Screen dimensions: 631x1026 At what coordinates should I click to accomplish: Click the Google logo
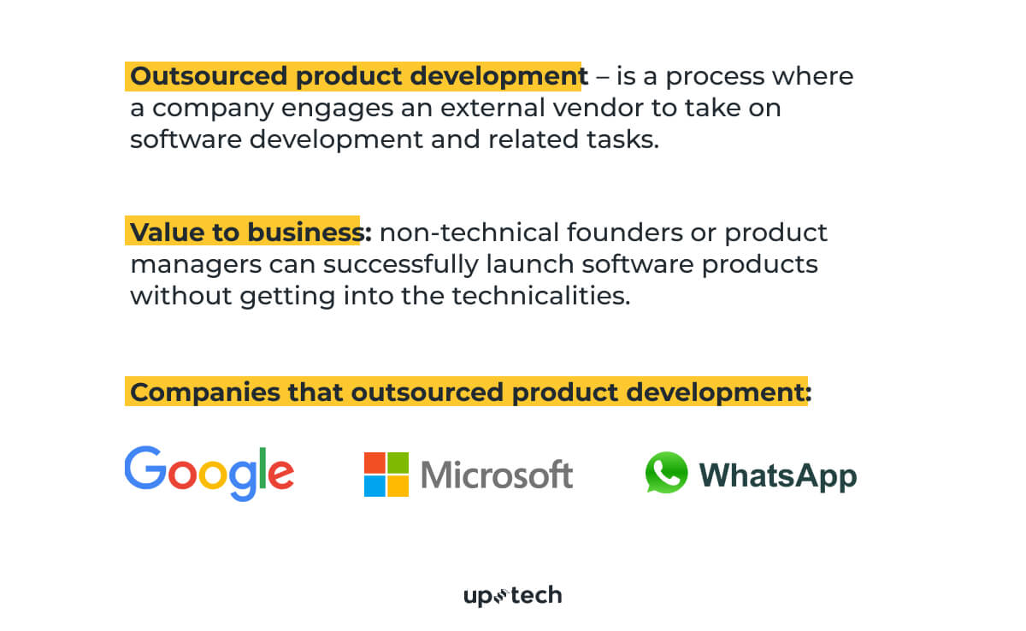[x=209, y=472]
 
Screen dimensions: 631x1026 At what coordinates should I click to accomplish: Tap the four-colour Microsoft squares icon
[x=386, y=475]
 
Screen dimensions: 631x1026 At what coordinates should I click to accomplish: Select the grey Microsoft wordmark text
[x=497, y=475]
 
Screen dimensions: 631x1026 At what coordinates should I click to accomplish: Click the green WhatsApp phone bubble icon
[x=666, y=473]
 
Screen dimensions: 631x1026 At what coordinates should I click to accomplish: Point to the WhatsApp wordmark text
[x=777, y=476]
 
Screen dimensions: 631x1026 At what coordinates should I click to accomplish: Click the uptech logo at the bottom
[x=512, y=596]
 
